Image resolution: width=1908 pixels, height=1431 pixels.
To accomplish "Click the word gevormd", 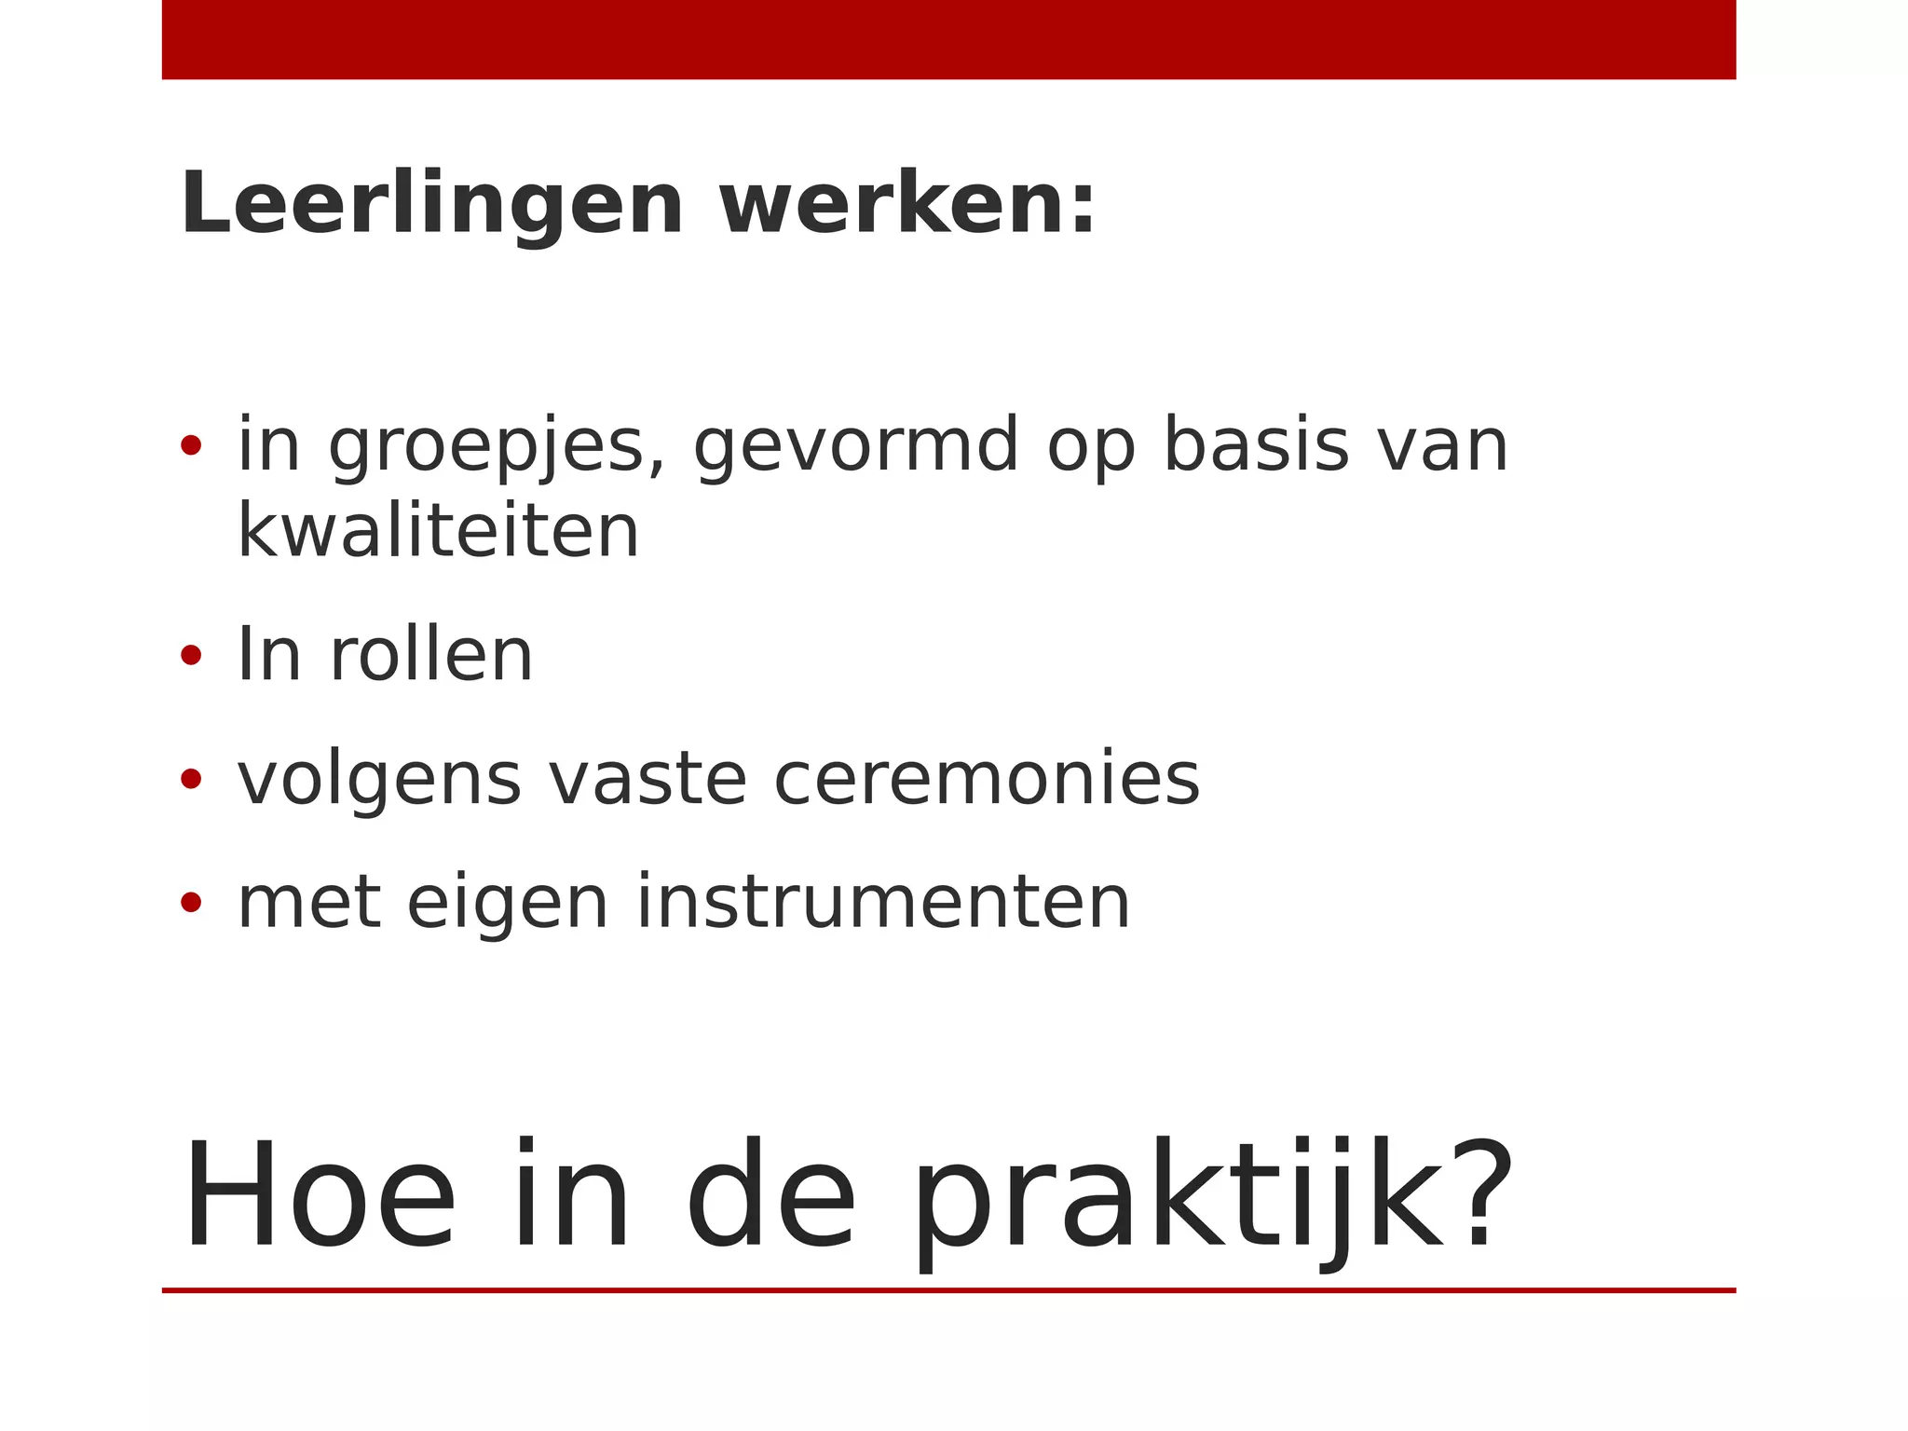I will [855, 447].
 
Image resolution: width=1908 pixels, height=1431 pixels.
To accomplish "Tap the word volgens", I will [379, 781].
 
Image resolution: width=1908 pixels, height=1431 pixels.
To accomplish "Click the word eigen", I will [508, 905].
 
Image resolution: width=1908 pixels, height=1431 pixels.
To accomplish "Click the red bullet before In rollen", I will [191, 656].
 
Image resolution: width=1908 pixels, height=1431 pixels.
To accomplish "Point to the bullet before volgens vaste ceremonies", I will [191, 779].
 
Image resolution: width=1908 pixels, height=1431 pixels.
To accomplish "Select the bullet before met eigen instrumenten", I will [191, 903].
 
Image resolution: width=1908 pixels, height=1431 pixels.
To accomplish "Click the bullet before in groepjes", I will [191, 445].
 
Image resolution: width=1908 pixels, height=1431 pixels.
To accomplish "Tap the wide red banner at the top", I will [948, 39].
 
